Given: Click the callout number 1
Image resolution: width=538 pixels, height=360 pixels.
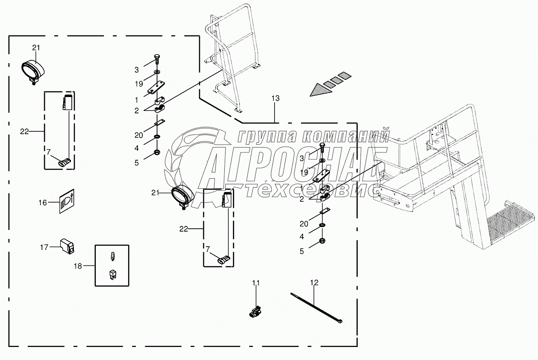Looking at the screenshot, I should [137, 99].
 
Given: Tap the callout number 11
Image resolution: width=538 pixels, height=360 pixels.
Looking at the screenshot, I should [255, 283].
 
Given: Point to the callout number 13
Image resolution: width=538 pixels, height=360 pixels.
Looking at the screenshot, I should [275, 98].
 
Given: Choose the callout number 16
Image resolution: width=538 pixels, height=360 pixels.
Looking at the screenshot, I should [43, 202].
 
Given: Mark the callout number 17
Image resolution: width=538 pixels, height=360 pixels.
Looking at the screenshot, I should [44, 247].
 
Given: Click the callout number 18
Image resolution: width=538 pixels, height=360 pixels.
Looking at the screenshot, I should [77, 266].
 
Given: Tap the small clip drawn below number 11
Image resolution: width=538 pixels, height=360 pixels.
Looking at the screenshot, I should [255, 312].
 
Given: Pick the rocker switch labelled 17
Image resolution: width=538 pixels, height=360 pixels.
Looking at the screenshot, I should [66, 246].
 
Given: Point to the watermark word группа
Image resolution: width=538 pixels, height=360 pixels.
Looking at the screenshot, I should [266, 136].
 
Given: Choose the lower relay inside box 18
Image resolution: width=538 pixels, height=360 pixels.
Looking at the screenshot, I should [112, 275].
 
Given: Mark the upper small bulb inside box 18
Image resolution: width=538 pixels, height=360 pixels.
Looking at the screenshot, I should [112, 256].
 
